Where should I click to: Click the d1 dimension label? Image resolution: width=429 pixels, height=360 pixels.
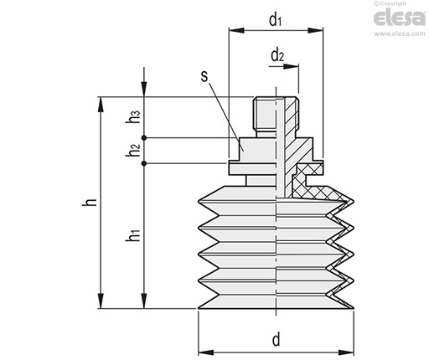(x=275, y=20)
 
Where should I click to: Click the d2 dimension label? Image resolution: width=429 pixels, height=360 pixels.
(x=277, y=55)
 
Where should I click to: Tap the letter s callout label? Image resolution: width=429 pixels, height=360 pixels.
(x=204, y=76)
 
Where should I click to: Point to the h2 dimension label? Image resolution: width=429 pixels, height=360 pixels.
(x=132, y=150)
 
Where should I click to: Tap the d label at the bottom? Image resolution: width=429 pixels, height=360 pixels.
(x=276, y=340)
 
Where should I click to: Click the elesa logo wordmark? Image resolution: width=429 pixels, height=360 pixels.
(x=400, y=18)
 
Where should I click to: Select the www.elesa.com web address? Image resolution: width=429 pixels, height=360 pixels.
(x=400, y=33)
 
